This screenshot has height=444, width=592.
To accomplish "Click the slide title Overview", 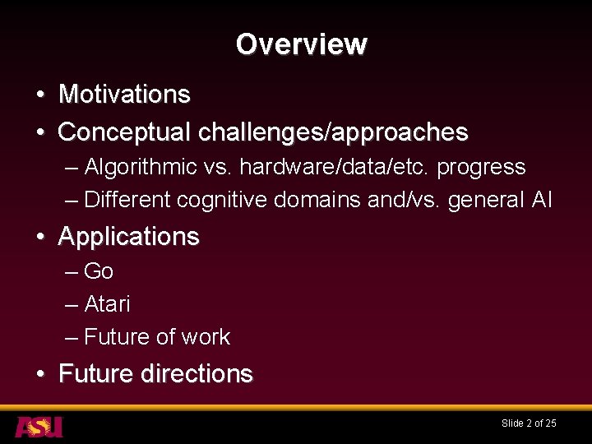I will point(301,44).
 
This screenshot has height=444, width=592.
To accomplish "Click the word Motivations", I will point(124,95).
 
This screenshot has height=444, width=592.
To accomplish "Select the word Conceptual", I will point(125,132).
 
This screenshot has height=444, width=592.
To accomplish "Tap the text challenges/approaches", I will point(333,132).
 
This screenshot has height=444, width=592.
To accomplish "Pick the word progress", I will point(481,167).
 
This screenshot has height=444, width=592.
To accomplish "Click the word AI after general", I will point(542,200).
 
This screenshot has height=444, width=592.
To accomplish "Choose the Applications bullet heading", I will point(128,237).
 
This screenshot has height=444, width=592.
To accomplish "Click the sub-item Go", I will point(99,271).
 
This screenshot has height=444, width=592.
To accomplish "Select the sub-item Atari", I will point(107,304).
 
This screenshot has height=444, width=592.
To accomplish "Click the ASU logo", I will point(39,427).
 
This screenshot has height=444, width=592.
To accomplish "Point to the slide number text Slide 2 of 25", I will point(529,423).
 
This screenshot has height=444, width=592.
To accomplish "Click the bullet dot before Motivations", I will point(40,95).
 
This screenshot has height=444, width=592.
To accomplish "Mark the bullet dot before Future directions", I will point(40,375).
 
